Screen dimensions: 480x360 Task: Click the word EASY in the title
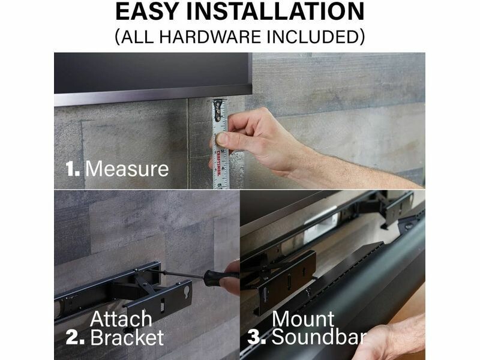pos(147,11)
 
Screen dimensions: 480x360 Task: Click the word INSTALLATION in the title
pos(275,11)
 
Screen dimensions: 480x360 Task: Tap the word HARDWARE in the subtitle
pos(210,37)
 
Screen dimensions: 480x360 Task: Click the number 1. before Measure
pos(73,169)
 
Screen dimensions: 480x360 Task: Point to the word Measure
pos(127,169)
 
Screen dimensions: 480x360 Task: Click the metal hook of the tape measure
pos(218,110)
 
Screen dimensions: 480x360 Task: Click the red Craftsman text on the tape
pos(218,163)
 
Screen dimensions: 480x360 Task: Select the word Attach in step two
pos(121,319)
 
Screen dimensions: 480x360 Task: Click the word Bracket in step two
pos(127,337)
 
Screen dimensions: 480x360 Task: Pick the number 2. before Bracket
pos(75,338)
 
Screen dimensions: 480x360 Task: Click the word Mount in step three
pos(303,319)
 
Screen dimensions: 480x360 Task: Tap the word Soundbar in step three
pos(319,337)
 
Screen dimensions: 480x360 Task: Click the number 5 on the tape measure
pos(220,185)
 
